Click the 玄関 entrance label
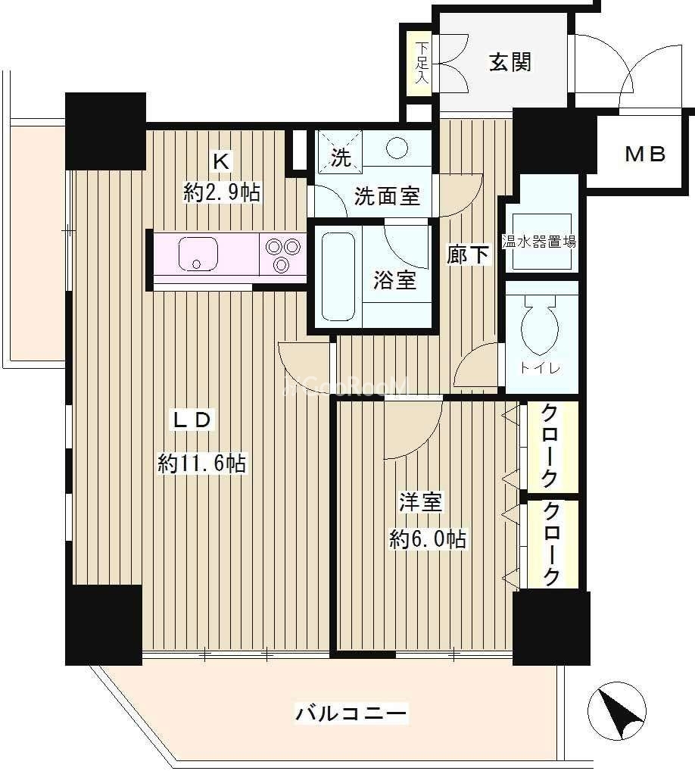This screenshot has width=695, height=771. pyautogui.click(x=510, y=62)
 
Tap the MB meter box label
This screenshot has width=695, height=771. pyautogui.click(x=645, y=155)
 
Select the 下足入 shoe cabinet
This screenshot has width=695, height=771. pyautogui.click(x=421, y=64)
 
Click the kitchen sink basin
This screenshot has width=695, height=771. pyautogui.click(x=198, y=254)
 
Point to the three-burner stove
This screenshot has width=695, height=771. pyautogui.click(x=282, y=255)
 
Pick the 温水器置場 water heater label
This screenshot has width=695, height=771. pyautogui.click(x=540, y=242)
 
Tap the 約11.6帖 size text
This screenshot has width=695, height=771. pyautogui.click(x=202, y=464)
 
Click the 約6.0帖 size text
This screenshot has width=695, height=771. pyautogui.click(x=428, y=539)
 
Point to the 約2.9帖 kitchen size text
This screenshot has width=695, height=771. pyautogui.click(x=222, y=192)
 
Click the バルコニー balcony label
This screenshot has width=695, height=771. pyautogui.click(x=351, y=713)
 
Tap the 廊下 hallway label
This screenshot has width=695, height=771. pyautogui.click(x=468, y=254)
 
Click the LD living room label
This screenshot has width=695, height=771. pyautogui.click(x=192, y=420)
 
